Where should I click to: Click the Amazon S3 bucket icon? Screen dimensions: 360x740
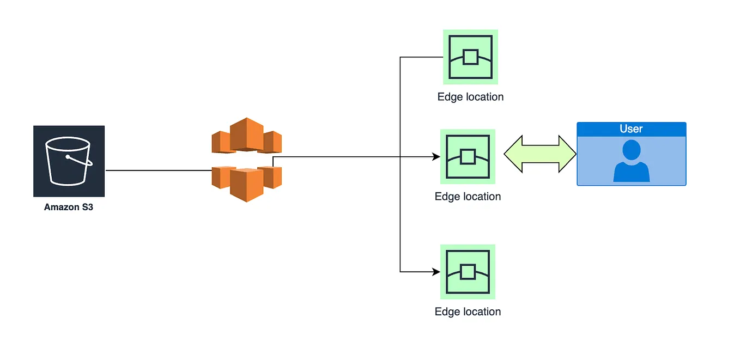(69, 161)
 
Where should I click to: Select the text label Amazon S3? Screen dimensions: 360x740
(69, 208)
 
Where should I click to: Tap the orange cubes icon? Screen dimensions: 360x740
(246, 160)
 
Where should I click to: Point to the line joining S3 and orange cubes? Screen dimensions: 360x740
(158, 170)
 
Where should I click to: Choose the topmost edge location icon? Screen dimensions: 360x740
(470, 57)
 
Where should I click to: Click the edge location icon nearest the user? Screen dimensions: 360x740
(468, 156)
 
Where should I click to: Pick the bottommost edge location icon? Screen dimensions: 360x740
(468, 271)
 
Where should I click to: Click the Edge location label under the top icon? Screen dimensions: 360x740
(470, 97)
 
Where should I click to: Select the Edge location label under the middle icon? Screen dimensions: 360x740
(468, 197)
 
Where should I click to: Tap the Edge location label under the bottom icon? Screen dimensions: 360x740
(468, 312)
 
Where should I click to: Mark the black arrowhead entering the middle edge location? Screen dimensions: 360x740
(436, 157)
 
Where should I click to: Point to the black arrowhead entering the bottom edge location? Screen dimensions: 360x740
(436, 271)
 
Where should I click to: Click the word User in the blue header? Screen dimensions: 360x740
(631, 129)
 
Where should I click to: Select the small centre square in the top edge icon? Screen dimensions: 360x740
(470, 57)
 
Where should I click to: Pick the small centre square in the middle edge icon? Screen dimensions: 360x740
(468, 157)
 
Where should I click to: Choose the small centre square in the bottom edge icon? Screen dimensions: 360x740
(468, 271)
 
